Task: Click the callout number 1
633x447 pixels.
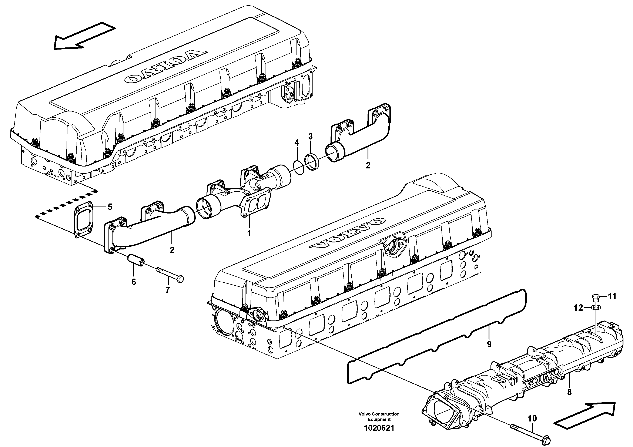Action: tap(249, 233)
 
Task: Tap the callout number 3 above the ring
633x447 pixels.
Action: tap(310, 136)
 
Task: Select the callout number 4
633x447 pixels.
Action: tap(297, 143)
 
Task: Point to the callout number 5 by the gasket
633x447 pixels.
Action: tap(110, 207)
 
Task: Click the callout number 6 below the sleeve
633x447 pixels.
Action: tap(134, 282)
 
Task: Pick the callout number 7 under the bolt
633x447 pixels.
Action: tap(167, 290)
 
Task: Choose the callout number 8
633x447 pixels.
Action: tap(569, 392)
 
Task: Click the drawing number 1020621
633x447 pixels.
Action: tap(379, 428)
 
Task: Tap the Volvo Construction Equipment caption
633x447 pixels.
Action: tap(379, 416)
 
